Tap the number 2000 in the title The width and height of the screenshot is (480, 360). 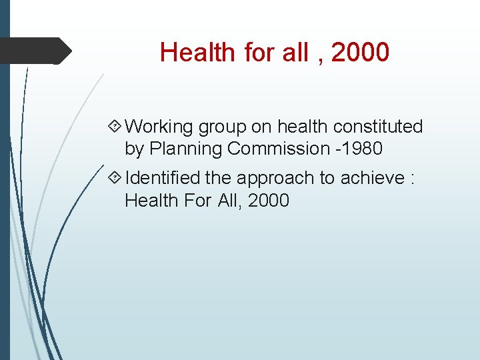click(360, 52)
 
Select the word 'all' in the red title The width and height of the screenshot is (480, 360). click(295, 52)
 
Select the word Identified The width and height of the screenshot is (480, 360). click(163, 178)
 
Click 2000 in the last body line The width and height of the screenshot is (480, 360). click(268, 200)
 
